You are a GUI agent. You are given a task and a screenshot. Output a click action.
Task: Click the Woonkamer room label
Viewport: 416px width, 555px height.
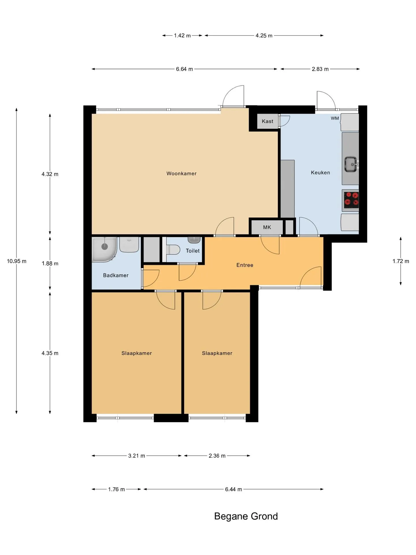click(181, 173)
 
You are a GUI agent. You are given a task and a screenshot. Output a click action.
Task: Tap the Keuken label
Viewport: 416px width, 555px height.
click(320, 173)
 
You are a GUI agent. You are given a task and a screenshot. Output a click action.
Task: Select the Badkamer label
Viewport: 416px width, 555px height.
click(116, 275)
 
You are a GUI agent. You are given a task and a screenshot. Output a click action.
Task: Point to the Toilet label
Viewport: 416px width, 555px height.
click(193, 251)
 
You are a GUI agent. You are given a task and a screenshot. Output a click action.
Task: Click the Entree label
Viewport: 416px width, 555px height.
click(245, 265)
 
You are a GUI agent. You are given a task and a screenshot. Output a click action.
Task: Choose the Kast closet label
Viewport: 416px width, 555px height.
click(268, 121)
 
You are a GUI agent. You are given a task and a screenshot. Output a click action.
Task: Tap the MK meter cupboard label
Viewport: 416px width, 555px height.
click(267, 227)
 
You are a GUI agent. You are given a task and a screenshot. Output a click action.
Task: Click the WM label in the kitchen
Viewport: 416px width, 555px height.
click(335, 118)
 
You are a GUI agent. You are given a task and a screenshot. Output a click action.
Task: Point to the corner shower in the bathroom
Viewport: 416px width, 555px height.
click(104, 249)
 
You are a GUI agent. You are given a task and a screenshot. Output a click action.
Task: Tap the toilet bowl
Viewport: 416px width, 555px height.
click(173, 250)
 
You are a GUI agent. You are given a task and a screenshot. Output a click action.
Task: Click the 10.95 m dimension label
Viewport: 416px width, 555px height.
click(16, 261)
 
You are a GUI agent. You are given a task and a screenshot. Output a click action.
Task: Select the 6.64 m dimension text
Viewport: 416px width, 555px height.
click(184, 69)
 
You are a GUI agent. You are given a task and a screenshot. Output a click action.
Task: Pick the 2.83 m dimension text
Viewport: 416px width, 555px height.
click(320, 69)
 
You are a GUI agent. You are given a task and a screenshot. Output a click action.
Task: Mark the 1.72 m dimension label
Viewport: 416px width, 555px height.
click(401, 261)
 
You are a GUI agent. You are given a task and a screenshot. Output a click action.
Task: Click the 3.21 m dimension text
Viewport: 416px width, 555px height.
click(137, 456)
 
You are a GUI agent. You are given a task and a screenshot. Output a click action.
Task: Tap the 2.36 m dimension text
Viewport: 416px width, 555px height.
click(217, 456)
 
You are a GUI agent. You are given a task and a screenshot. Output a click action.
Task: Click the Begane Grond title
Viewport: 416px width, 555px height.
click(246, 516)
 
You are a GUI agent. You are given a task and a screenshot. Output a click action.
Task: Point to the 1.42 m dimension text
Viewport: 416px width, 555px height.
click(182, 36)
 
